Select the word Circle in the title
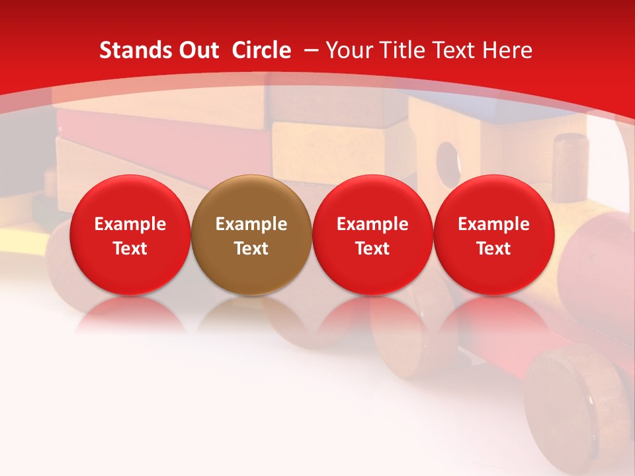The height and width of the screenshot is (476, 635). [x=261, y=50]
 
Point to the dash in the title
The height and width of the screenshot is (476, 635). [x=312, y=50]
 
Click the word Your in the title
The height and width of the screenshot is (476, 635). [x=349, y=50]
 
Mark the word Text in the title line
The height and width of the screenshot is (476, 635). [x=454, y=50]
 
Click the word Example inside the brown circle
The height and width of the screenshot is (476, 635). [x=251, y=224]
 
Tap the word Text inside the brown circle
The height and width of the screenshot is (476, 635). [x=251, y=249]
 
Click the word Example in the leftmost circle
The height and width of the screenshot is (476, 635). [x=130, y=224]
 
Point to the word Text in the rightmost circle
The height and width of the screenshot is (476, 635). [x=493, y=249]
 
